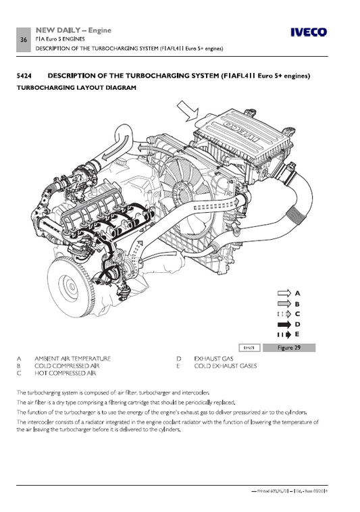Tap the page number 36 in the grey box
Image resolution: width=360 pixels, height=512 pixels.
tap(24, 41)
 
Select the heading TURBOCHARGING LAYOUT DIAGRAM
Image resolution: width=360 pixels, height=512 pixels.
tap(76, 88)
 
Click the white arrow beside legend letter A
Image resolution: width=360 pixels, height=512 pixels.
tap(284, 294)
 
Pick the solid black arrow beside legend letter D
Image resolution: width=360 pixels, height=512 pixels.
tap(284, 324)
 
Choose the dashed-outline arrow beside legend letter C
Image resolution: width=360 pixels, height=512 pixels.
tap(284, 314)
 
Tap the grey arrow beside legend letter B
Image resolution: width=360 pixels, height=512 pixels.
tap(284, 304)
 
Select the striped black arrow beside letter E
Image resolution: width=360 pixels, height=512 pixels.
tap(284, 334)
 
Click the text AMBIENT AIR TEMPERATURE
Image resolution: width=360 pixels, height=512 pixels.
tap(72, 359)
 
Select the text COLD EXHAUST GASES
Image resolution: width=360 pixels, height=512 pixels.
tap(225, 365)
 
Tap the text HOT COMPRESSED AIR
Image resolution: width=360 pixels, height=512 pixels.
tap(65, 373)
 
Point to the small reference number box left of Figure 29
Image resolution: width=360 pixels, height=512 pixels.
tap(249, 347)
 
